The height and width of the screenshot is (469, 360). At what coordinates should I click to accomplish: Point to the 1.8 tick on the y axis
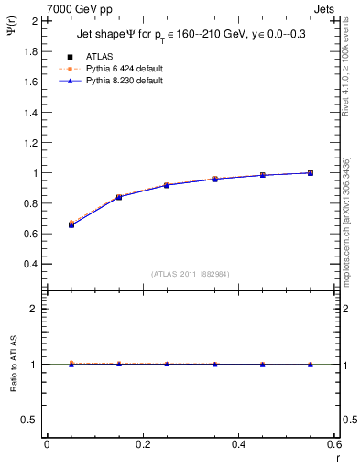[30, 50]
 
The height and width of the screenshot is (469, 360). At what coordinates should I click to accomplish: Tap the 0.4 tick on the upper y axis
[30, 264]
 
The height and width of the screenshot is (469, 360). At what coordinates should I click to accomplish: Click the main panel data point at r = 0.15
[118, 197]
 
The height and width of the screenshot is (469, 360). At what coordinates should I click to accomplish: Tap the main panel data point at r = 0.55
[311, 172]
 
